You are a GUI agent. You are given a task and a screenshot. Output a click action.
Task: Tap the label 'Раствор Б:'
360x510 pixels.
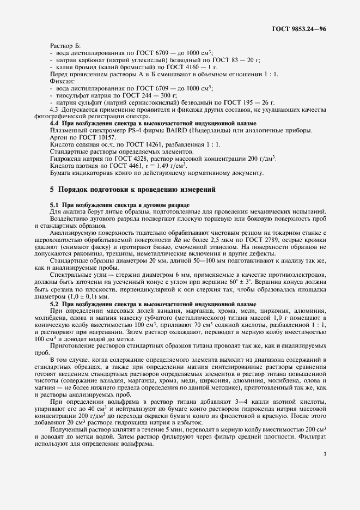pos(65,45)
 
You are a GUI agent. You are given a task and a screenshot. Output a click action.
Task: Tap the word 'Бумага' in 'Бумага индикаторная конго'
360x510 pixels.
pos(61,173)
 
